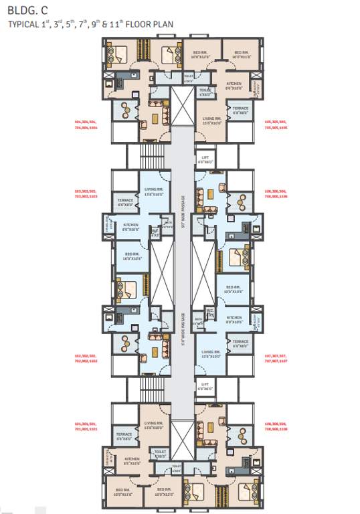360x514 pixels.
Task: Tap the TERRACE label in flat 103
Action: click(125, 201)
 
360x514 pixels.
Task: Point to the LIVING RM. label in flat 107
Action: click(211, 353)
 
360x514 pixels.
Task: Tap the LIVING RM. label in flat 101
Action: click(155, 425)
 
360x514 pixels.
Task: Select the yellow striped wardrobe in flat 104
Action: click(142, 50)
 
